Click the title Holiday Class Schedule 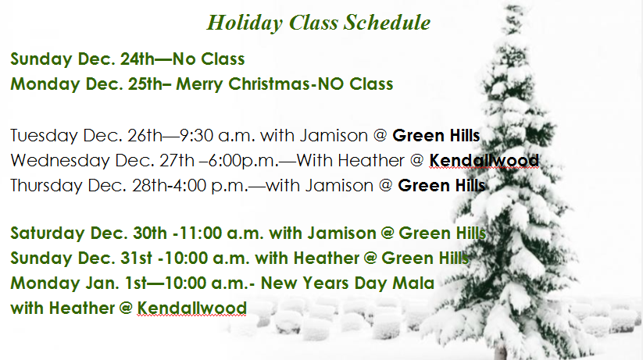point(319,23)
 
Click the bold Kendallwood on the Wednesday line point(484,161)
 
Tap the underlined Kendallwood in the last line point(191,308)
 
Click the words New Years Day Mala point(348,283)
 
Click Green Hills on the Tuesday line point(436,135)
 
